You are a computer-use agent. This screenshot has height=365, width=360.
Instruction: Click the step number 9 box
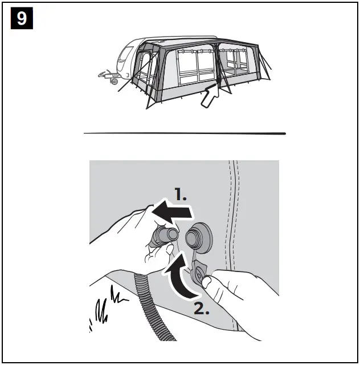21,18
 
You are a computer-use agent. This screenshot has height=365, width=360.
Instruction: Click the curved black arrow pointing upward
180,276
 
